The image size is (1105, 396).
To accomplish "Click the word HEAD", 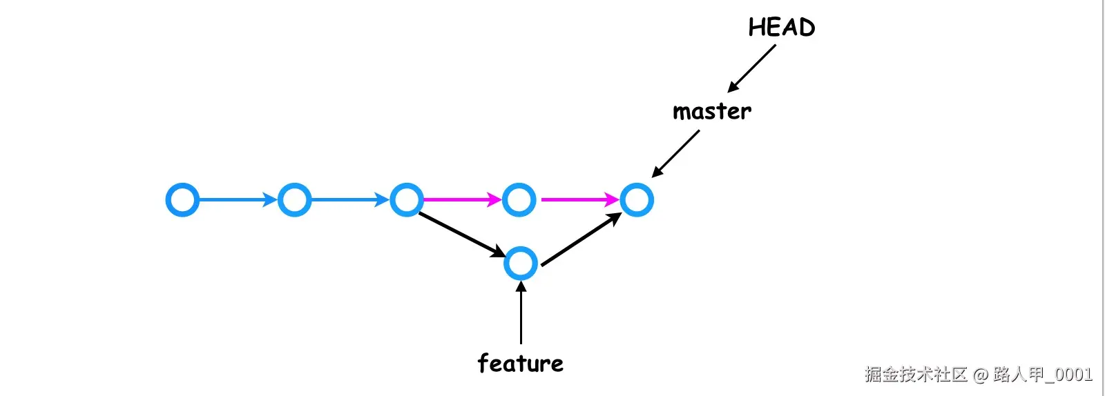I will click(x=782, y=28).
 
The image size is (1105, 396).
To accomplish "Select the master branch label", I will click(x=711, y=112).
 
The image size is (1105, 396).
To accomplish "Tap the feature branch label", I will click(x=521, y=364).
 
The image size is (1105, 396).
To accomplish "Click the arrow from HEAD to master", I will click(x=752, y=68).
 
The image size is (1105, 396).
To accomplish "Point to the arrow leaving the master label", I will click(x=675, y=153).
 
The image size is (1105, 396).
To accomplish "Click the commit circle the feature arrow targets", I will click(x=521, y=264).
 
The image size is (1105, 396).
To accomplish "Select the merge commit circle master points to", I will click(x=636, y=200).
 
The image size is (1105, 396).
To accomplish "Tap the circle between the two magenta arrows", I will click(x=519, y=200).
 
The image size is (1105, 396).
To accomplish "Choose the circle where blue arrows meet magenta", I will click(x=407, y=200).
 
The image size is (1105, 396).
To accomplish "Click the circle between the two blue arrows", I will click(x=294, y=200).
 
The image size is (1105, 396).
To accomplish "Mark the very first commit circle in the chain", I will click(x=182, y=200).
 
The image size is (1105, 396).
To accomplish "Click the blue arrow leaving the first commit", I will click(x=238, y=200).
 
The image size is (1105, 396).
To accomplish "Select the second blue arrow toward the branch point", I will click(x=350, y=200).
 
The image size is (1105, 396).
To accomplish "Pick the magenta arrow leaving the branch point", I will click(x=461, y=200).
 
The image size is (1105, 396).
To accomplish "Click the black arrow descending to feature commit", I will click(x=462, y=235).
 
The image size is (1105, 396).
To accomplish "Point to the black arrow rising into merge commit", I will click(x=581, y=239).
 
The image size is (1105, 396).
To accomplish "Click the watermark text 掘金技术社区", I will click(x=916, y=375).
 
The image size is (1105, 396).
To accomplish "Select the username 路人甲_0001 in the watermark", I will click(x=1043, y=375).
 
